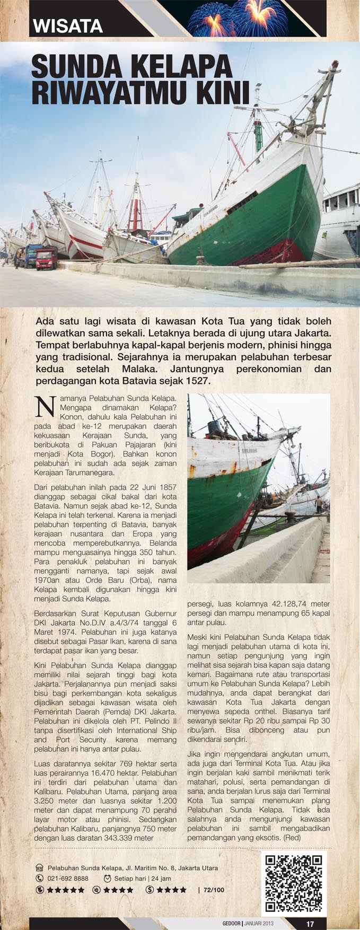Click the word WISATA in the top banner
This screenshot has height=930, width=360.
coord(67,26)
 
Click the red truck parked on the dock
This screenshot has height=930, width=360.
coord(47,258)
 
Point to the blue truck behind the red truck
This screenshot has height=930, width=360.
coord(31,254)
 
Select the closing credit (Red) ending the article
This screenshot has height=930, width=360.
coord(292,837)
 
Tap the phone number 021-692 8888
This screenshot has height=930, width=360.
coord(68,879)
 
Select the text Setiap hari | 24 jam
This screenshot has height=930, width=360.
coord(142,879)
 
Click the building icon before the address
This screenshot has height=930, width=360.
coord(39,868)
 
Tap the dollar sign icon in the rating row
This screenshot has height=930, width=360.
coord(150,890)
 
